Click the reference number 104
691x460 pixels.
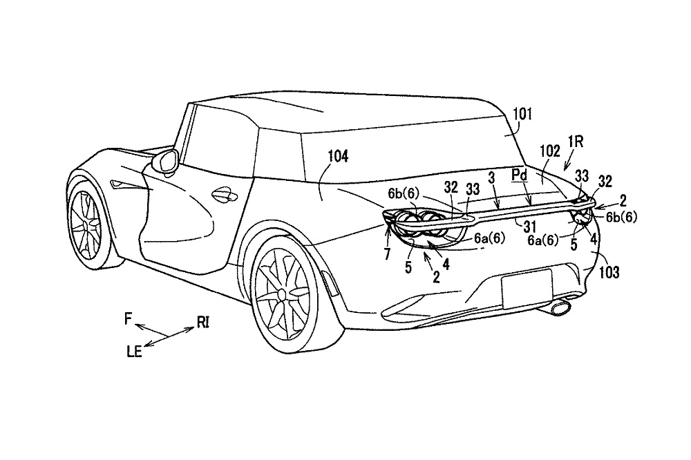coord(339,157)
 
